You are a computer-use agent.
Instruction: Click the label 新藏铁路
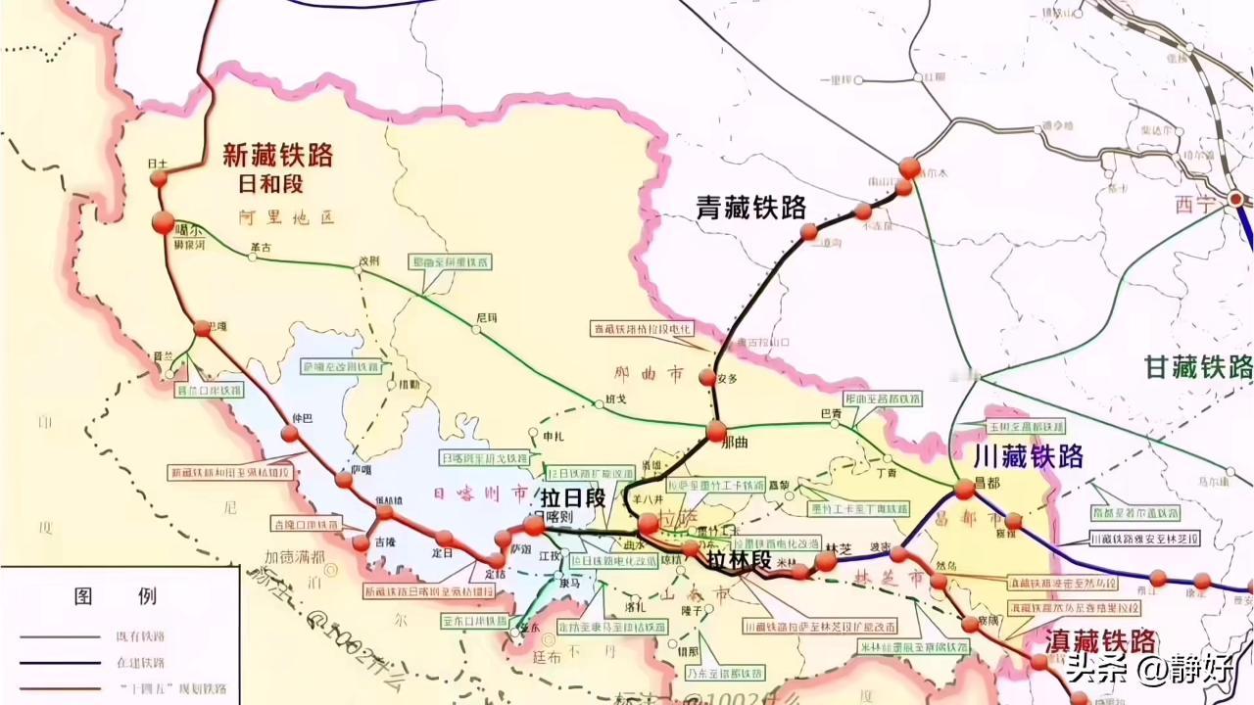[278, 155]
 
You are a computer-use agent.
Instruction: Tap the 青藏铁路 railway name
[751, 207]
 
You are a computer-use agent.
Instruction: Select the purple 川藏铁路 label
[1028, 455]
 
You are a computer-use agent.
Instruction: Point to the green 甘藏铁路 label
[1198, 368]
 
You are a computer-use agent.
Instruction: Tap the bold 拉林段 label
[741, 560]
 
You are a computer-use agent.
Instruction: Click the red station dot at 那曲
[716, 430]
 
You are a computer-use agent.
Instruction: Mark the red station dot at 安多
[707, 377]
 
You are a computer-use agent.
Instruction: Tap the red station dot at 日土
[159, 178]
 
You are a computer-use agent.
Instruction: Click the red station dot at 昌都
[965, 489]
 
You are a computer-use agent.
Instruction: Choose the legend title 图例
[116, 595]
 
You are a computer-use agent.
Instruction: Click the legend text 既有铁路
[139, 636]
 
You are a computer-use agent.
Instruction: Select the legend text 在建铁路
[139, 663]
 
